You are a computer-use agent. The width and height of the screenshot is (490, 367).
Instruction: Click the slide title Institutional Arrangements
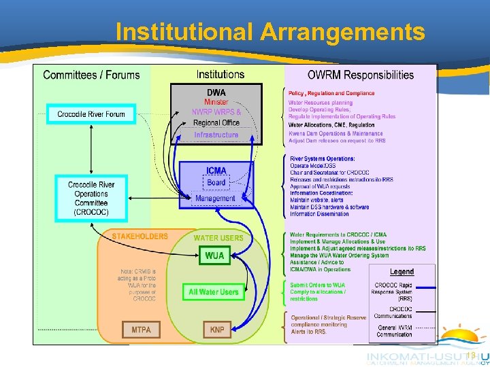pyautogui.click(x=270, y=31)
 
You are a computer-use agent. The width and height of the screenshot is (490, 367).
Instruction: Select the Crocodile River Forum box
pyautogui.click(x=91, y=114)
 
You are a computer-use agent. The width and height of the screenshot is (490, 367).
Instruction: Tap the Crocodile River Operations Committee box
pyautogui.click(x=91, y=198)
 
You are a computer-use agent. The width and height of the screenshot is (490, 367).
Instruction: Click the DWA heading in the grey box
pyautogui.click(x=216, y=92)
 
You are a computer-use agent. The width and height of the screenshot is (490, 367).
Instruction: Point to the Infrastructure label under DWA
pyautogui.click(x=216, y=135)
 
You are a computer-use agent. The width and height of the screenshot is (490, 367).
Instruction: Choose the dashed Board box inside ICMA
pyautogui.click(x=216, y=182)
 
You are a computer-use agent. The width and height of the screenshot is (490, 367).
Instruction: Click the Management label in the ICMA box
pyautogui.click(x=215, y=198)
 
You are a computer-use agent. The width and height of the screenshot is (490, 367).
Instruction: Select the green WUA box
pyautogui.click(x=214, y=256)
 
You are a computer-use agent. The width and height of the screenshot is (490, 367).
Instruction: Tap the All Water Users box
pyautogui.click(x=214, y=292)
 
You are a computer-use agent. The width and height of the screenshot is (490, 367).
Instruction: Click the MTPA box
pyautogui.click(x=141, y=330)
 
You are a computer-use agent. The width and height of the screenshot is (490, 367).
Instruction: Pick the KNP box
pyautogui.click(x=217, y=330)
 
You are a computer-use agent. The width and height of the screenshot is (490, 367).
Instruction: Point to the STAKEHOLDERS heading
pyautogui.click(x=140, y=237)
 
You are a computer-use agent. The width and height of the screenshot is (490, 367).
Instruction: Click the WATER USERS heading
pyautogui.click(x=218, y=238)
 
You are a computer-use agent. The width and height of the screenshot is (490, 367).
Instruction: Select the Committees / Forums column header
pyautogui.click(x=91, y=75)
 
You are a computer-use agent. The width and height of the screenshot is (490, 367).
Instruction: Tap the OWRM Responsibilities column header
pyautogui.click(x=361, y=75)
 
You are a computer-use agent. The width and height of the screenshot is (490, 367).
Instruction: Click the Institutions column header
pyautogui.click(x=220, y=75)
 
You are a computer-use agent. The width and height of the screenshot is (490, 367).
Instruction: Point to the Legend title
pyautogui.click(x=402, y=272)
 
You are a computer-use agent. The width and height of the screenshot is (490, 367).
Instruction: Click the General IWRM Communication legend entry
pyautogui.click(x=394, y=330)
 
